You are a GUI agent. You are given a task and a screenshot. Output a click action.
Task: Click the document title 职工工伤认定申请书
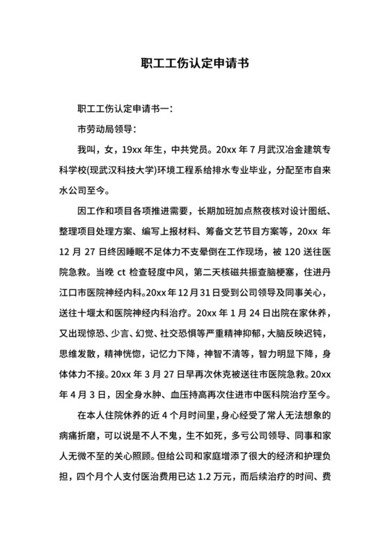(x=194, y=63)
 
